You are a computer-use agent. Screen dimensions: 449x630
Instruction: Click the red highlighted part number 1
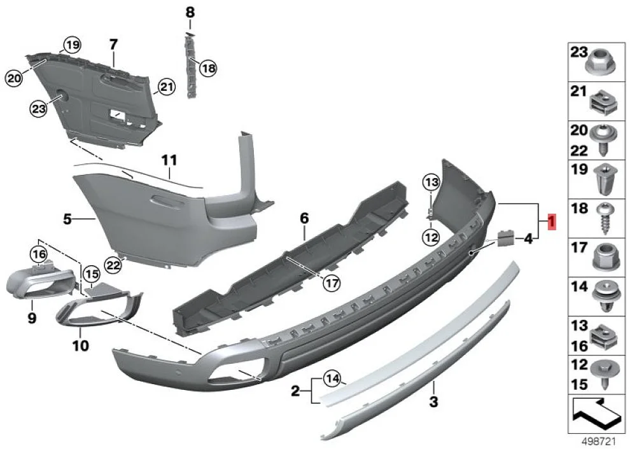point(551,222)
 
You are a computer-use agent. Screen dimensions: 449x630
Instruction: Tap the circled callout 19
point(71,45)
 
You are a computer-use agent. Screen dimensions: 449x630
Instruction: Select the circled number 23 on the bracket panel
point(38,109)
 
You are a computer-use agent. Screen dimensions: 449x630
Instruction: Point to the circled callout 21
point(165,87)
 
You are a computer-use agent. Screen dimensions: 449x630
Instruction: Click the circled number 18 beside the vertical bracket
point(207,67)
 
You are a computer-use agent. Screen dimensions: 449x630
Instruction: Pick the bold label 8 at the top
point(190,12)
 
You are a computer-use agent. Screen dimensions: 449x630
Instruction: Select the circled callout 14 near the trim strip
point(332,379)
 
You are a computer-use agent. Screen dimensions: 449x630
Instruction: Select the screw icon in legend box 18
point(601,216)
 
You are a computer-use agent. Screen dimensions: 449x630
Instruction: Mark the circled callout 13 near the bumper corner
point(431,183)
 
